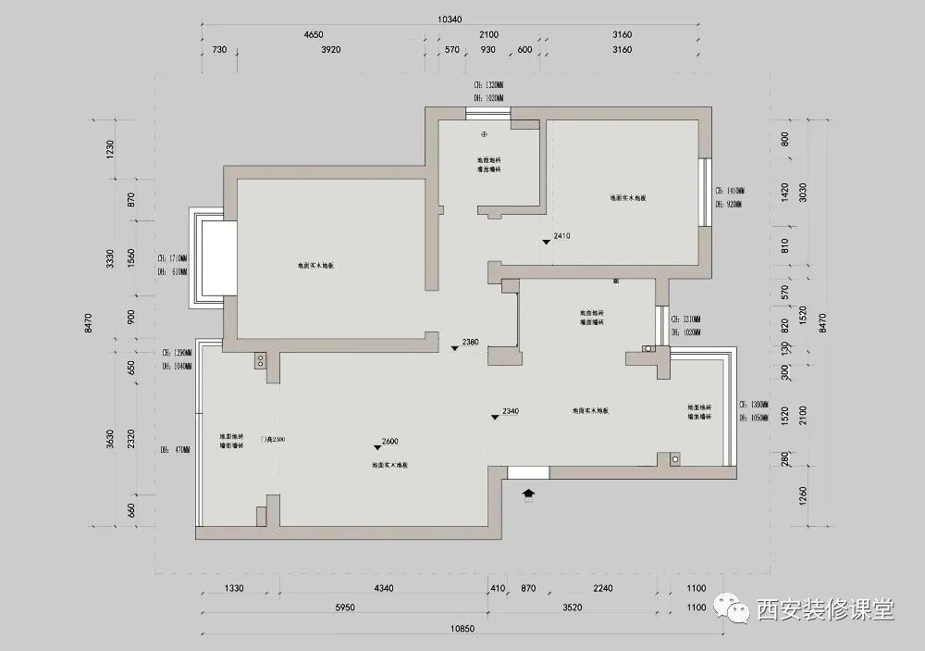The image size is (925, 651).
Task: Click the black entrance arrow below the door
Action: click(528, 495)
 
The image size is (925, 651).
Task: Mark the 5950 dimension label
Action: click(341, 608)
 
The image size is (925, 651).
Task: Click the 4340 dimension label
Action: click(384, 589)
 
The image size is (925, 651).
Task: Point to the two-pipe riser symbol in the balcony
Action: click(670, 458)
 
